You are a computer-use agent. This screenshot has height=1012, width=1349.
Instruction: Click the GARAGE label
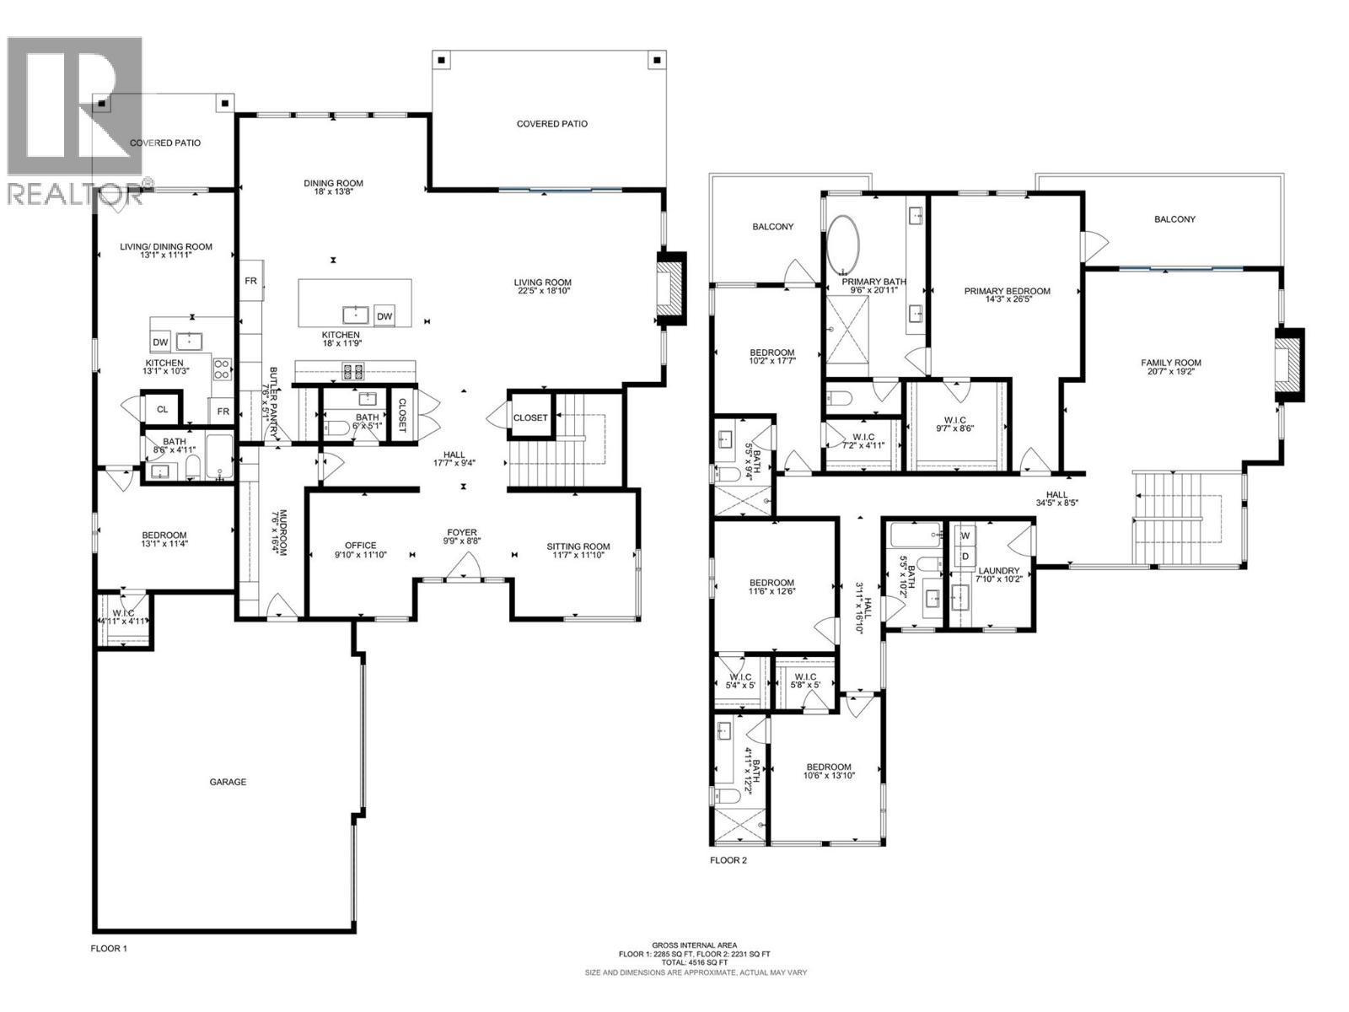click(x=228, y=782)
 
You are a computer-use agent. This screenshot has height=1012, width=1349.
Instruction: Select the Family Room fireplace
click(x=1288, y=363)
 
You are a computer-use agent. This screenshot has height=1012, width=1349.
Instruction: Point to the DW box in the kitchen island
click(x=384, y=317)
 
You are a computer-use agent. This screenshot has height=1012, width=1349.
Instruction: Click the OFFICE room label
click(x=360, y=546)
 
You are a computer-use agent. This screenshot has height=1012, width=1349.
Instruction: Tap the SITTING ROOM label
click(x=578, y=546)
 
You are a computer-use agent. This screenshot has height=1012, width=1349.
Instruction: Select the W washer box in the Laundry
click(x=965, y=536)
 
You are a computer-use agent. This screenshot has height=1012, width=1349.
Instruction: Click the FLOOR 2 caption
click(x=728, y=861)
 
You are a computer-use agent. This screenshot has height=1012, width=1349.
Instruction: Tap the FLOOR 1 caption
click(x=109, y=949)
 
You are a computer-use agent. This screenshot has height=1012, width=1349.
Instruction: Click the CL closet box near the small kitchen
click(x=162, y=410)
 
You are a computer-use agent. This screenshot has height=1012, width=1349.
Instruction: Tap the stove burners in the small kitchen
click(x=223, y=369)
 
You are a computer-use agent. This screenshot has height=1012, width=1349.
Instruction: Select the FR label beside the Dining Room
click(x=250, y=281)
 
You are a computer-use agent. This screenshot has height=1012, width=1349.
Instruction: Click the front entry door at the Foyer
click(x=462, y=573)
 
